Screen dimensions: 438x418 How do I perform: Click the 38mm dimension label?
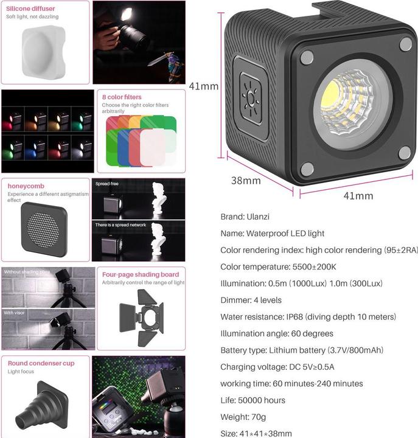pyautogui.click(x=246, y=181)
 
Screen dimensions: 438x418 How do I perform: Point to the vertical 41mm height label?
pyautogui.click(x=203, y=86)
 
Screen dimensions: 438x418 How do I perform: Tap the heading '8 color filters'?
pyautogui.click(x=122, y=97)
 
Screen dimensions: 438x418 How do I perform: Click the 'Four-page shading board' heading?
pyautogui.click(x=141, y=274)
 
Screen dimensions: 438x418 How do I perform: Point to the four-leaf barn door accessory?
pyautogui.click(x=141, y=317)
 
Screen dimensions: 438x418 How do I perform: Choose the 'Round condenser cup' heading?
pyautogui.click(x=41, y=363)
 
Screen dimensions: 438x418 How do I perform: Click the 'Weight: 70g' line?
pyautogui.click(x=243, y=417)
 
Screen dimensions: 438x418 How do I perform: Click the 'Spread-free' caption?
pyautogui.click(x=107, y=183)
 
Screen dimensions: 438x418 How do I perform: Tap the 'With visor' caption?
pyautogui.click(x=16, y=313)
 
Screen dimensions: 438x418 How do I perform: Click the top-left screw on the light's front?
pyautogui.click(x=307, y=57)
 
